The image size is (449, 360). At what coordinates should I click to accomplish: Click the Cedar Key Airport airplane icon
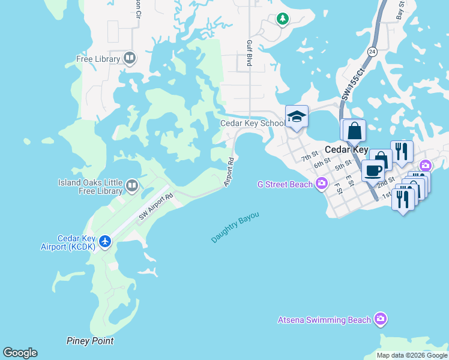(106, 241)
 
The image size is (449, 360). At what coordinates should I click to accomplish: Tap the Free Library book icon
(130, 58)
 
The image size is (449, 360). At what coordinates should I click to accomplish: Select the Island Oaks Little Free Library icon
(133, 187)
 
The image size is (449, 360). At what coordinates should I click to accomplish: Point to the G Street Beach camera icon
(322, 183)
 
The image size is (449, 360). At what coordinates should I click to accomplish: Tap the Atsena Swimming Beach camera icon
(379, 319)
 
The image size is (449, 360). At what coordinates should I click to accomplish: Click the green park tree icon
(282, 19)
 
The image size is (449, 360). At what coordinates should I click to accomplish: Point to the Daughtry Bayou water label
(235, 227)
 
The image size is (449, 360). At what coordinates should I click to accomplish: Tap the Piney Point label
(89, 341)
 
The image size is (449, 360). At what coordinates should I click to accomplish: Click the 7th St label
(309, 157)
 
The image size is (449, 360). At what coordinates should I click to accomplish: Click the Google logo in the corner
(20, 353)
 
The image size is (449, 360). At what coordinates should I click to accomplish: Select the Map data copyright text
(411, 355)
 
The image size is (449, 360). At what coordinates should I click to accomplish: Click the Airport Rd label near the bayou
(229, 172)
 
